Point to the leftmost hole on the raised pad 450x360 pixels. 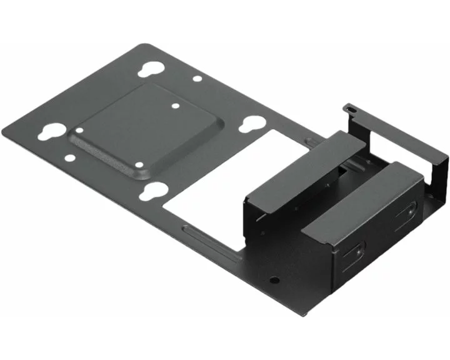point(79,130)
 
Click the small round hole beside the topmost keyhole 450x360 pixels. point(197,79)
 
